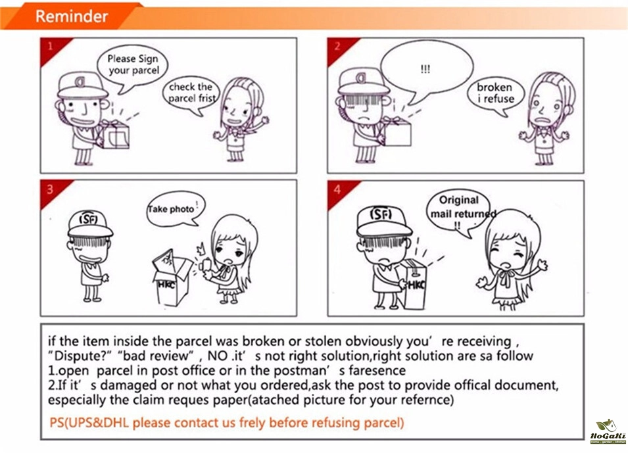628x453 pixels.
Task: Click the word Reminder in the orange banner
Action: coord(72,16)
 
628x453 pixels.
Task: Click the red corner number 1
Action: coord(51,46)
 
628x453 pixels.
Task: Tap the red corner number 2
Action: coord(337,46)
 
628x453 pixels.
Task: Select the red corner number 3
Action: coord(50,189)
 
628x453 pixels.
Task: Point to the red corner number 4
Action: coord(337,189)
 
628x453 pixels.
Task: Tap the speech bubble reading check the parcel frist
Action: coord(191,95)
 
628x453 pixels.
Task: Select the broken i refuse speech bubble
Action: coord(495,95)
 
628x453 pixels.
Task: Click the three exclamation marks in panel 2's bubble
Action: coord(425,69)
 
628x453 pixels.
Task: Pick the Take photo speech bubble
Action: coord(176,208)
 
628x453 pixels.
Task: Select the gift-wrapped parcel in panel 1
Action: coord(114,133)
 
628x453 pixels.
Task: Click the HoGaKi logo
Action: coord(608,431)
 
